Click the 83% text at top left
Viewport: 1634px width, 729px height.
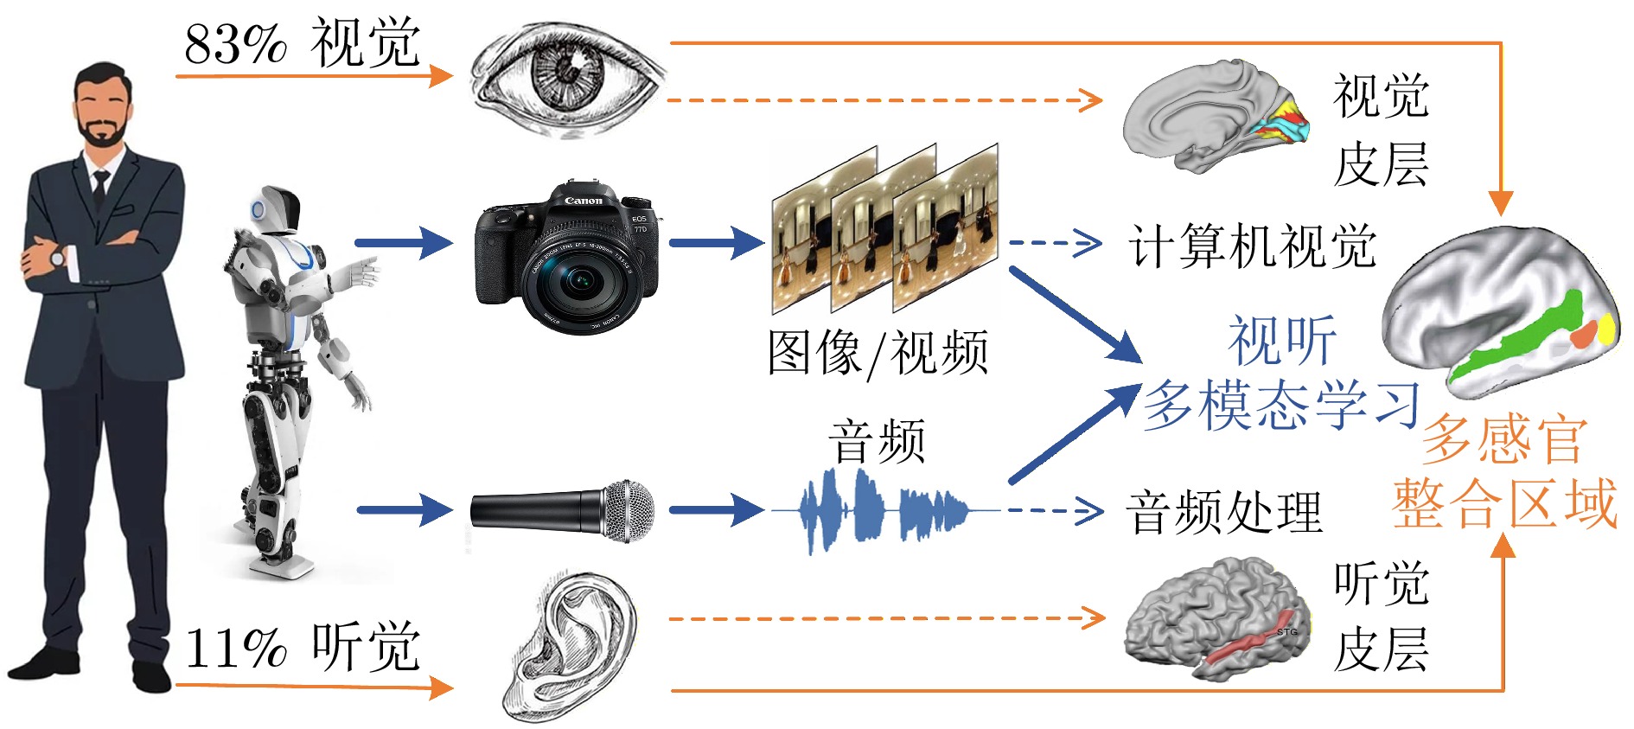point(235,43)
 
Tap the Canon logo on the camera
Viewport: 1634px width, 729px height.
point(583,201)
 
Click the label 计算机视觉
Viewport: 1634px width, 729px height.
point(1252,246)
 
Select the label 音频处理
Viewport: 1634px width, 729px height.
point(1224,512)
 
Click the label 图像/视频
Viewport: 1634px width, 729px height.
point(878,353)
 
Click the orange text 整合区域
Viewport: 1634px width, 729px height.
point(1504,503)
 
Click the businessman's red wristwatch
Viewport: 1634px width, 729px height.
point(58,257)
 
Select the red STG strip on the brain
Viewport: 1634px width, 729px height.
point(1245,649)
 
